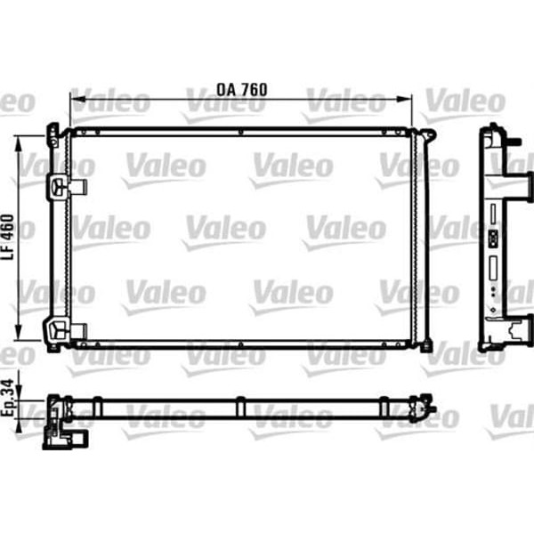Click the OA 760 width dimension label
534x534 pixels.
coord(241,90)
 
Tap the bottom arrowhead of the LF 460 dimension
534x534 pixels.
coord(20,342)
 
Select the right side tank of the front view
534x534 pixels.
coord(421,240)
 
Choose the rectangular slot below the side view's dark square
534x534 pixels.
coord(491,266)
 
